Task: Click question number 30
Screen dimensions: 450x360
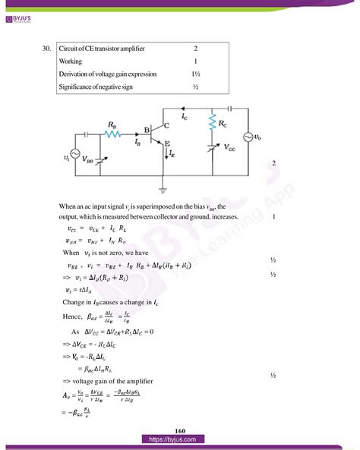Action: tap(47, 49)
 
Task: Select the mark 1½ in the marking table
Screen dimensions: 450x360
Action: tap(195, 74)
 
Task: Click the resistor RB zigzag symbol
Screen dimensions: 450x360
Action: tap(112, 134)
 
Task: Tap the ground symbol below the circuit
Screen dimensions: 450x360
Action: tap(163, 190)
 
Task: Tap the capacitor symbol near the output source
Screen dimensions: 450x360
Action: tap(229, 109)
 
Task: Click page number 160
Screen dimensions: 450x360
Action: tap(179, 430)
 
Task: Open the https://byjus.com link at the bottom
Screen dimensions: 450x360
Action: tap(179, 439)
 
